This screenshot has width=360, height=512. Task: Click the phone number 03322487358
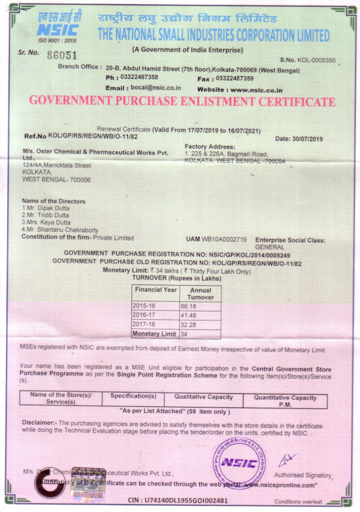pyautogui.click(x=140, y=77)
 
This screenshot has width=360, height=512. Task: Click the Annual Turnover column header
pyautogui.click(x=200, y=293)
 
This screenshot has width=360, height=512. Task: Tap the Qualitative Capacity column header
pyautogui.click(x=203, y=397)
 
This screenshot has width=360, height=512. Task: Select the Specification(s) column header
pyautogui.click(x=133, y=397)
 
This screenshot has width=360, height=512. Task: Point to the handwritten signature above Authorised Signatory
pyautogui.click(x=286, y=459)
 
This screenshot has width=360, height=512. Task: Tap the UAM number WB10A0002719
pyautogui.click(x=224, y=239)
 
